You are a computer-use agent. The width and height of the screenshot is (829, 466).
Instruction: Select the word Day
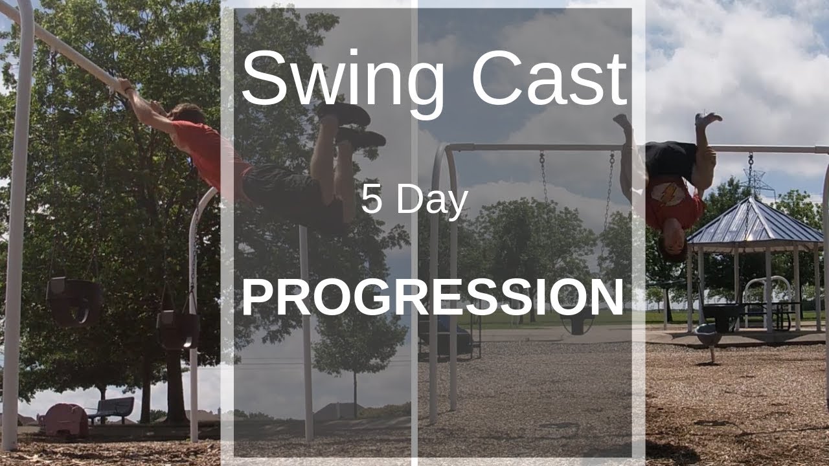coord(433,201)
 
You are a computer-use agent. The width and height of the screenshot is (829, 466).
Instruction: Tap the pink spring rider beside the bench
coord(65,419)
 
